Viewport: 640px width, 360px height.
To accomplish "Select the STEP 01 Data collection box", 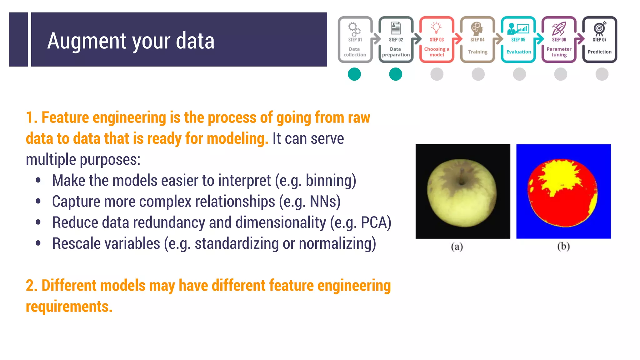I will (x=355, y=40).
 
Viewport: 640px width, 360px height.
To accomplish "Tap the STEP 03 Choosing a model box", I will (x=437, y=40).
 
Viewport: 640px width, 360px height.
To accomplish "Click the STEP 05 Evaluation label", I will (x=518, y=52).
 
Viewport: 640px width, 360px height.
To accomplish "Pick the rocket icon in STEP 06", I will (x=559, y=28).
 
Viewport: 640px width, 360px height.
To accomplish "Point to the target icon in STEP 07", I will (x=600, y=28).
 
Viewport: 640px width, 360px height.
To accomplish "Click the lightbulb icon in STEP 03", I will (x=437, y=27).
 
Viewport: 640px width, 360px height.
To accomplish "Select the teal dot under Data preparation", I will (x=396, y=74).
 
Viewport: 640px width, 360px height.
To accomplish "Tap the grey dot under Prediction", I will (x=602, y=74).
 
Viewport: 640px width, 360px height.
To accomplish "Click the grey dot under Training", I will (x=478, y=74).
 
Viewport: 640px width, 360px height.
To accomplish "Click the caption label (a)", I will (x=457, y=247).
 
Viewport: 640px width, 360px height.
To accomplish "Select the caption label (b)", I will (x=563, y=247).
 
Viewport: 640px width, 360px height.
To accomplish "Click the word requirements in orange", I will (x=69, y=307).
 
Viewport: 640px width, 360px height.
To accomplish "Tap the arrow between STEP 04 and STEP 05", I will (x=498, y=39).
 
